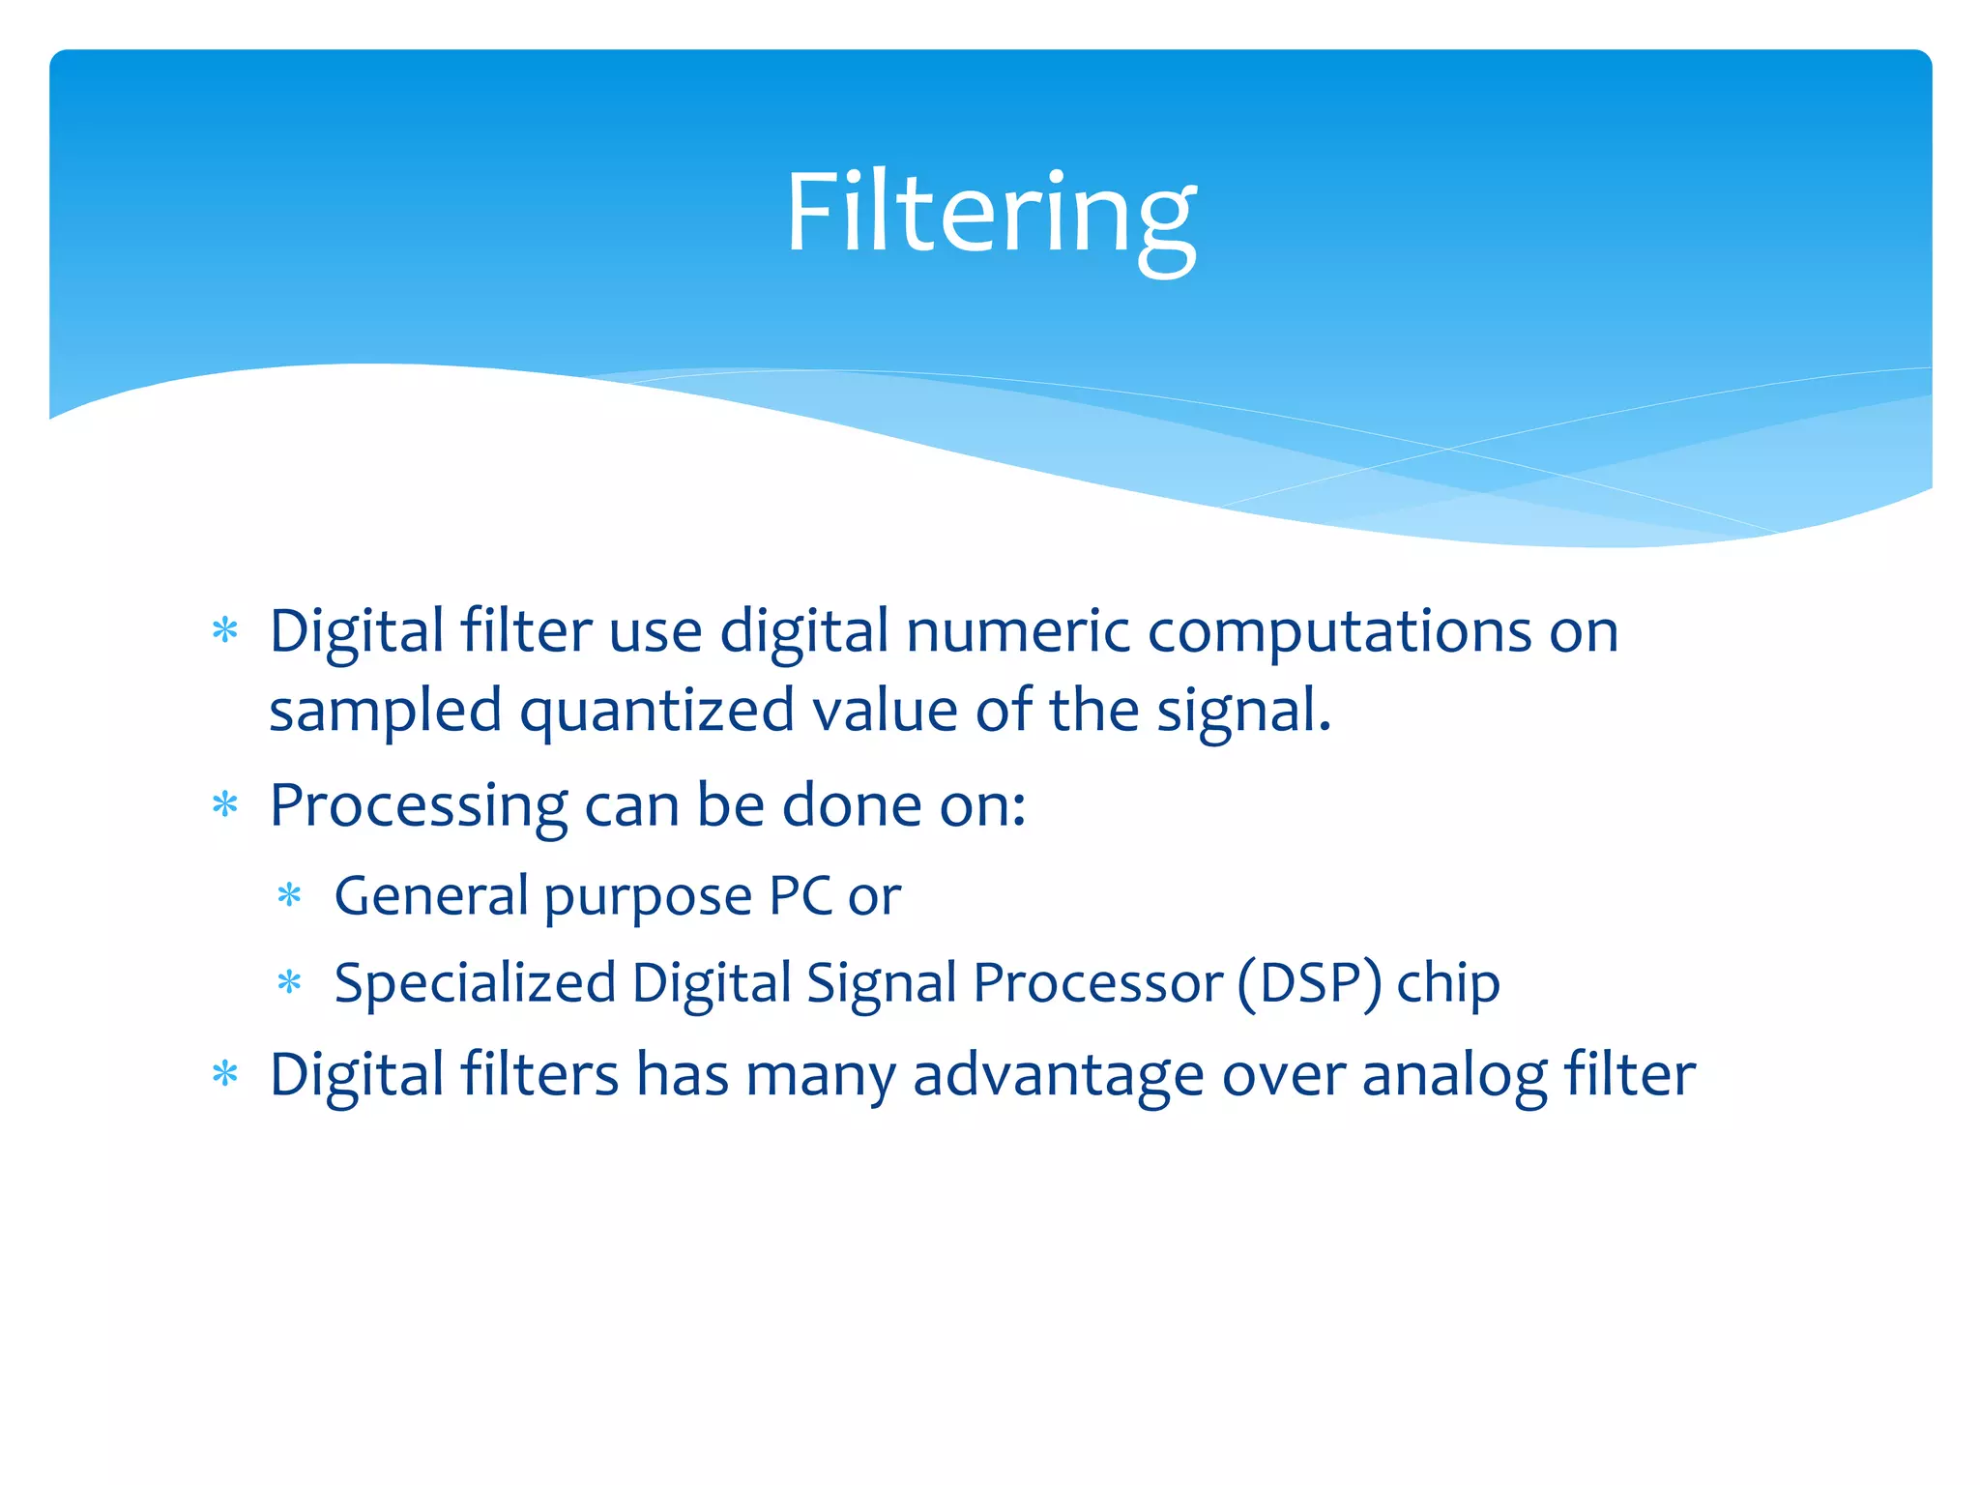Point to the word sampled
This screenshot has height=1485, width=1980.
(385, 712)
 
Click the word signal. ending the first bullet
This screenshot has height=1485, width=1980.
(1244, 712)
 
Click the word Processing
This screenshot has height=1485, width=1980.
(419, 806)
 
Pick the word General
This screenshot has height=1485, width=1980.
(430, 895)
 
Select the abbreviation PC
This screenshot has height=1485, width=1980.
(801, 895)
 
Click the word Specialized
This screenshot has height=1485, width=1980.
(475, 983)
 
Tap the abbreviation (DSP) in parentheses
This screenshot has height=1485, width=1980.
(1310, 983)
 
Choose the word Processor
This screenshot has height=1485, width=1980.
(1097, 983)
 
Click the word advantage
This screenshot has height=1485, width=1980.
(1058, 1076)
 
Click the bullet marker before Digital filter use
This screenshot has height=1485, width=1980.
(225, 631)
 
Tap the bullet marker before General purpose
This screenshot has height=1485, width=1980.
(289, 896)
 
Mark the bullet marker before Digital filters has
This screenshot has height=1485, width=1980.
(225, 1074)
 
